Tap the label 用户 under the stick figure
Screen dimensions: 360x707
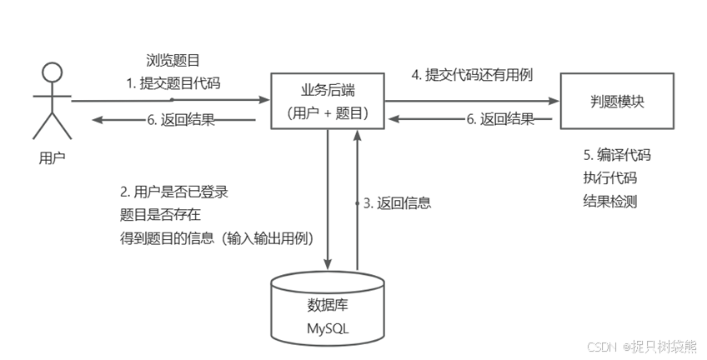52,156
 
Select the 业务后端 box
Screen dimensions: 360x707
328,101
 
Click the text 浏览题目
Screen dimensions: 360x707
172,60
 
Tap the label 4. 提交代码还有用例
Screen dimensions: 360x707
472,74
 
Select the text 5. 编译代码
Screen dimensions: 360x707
616,155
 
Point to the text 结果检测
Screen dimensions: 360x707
609,201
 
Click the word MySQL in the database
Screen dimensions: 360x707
328,328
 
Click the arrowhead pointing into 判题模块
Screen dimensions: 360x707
554,100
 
